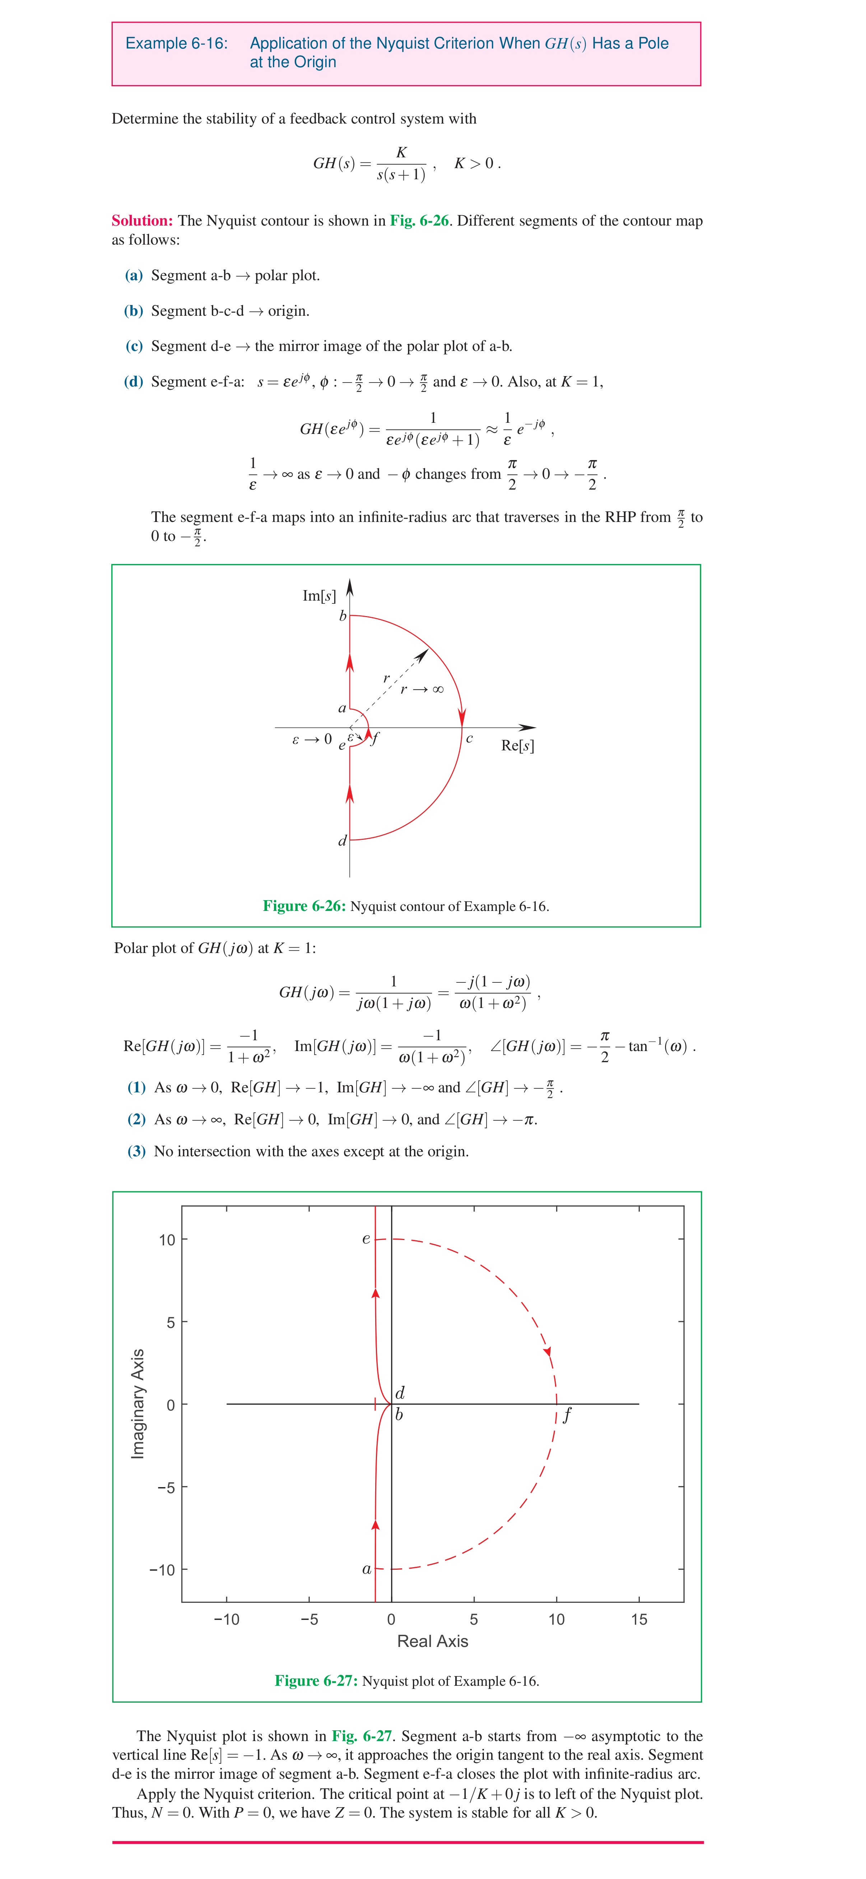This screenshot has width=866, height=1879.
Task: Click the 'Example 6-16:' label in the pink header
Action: pyautogui.click(x=176, y=43)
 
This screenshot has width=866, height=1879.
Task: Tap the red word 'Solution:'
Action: pyautogui.click(x=142, y=220)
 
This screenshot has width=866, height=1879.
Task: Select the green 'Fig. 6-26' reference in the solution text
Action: pyautogui.click(x=419, y=220)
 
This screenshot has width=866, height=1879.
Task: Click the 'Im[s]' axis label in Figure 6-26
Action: pyautogui.click(x=318, y=596)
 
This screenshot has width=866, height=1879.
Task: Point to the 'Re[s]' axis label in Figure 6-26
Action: pyautogui.click(x=518, y=745)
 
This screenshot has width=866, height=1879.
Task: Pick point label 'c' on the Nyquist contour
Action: pyautogui.click(x=470, y=739)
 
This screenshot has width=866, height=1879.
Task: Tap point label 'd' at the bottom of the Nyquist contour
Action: pyautogui.click(x=342, y=841)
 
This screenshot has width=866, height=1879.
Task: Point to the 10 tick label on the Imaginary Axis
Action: pyautogui.click(x=167, y=1240)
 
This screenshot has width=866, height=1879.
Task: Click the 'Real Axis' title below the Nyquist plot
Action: pyautogui.click(x=432, y=1641)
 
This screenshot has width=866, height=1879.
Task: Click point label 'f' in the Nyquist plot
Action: pyautogui.click(x=567, y=1415)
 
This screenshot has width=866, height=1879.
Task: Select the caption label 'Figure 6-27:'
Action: pyautogui.click(x=316, y=1681)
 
